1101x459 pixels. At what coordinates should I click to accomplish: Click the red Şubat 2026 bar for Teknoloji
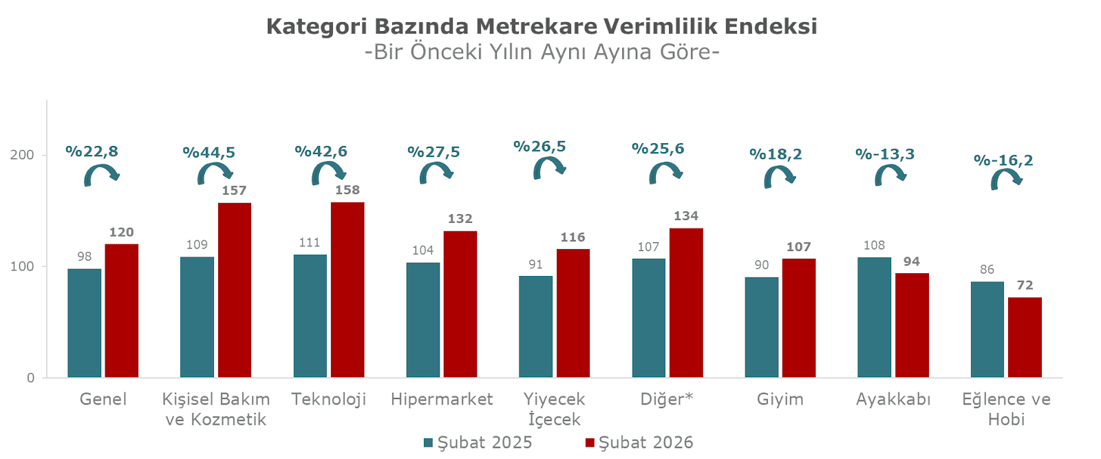348,289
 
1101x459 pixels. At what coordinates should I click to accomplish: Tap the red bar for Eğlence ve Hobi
1025,337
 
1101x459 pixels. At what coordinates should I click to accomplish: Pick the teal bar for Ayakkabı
874,317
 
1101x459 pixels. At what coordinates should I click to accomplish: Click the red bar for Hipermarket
460,303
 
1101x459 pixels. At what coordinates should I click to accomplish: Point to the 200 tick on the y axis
22,155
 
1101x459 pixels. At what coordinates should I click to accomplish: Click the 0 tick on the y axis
30,378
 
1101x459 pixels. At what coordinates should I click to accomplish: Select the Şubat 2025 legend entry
478,442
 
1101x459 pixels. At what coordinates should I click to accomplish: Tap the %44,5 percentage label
209,153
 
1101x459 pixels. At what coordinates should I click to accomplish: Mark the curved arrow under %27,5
436,173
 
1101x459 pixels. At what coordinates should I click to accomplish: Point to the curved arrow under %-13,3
890,175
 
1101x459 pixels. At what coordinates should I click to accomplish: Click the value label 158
348,190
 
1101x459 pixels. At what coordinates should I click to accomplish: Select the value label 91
535,265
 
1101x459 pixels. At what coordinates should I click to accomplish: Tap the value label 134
685,216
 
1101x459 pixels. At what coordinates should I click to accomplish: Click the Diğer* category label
666,399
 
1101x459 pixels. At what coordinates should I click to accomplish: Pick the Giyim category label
780,399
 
